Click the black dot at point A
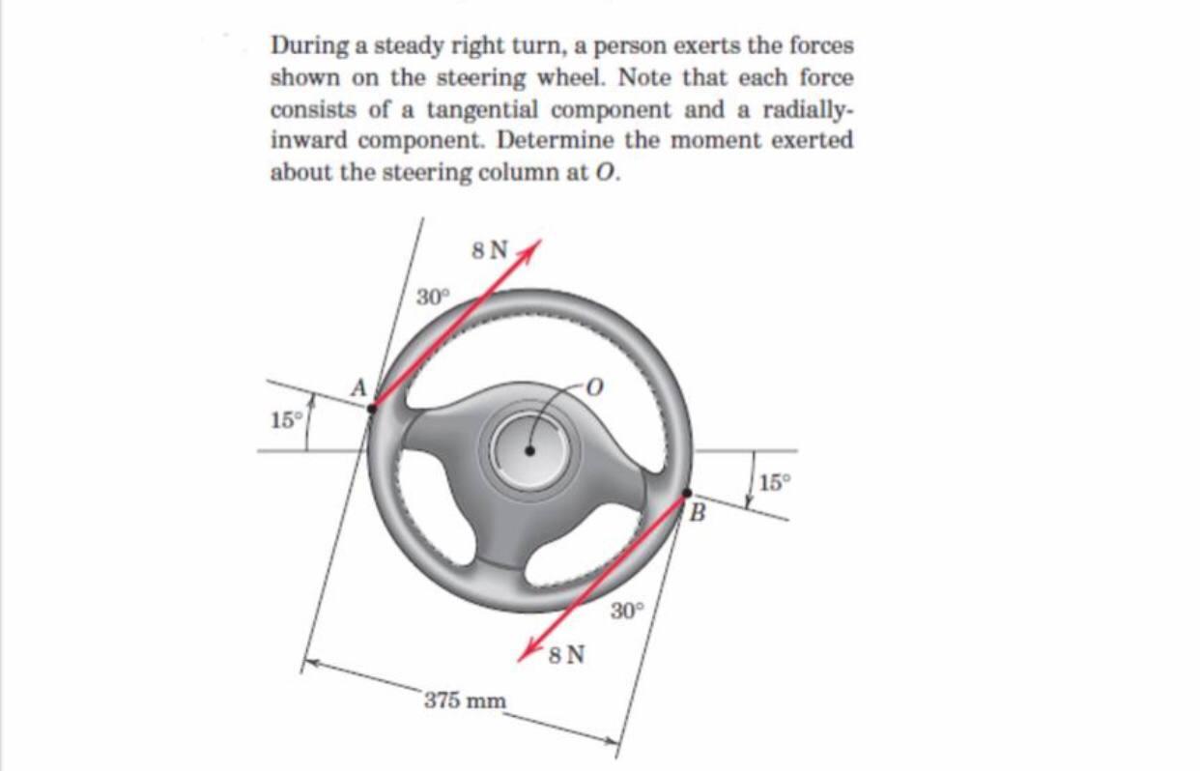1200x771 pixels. (x=372, y=408)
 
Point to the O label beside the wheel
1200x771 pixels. (x=595, y=386)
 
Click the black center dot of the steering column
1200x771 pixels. (x=529, y=450)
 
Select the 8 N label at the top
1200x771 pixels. (x=489, y=249)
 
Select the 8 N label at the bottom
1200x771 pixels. (x=566, y=656)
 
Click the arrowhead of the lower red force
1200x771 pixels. (x=529, y=654)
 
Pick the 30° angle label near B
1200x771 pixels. (x=626, y=612)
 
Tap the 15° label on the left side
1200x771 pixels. (x=284, y=420)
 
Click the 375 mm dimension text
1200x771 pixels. (x=465, y=700)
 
